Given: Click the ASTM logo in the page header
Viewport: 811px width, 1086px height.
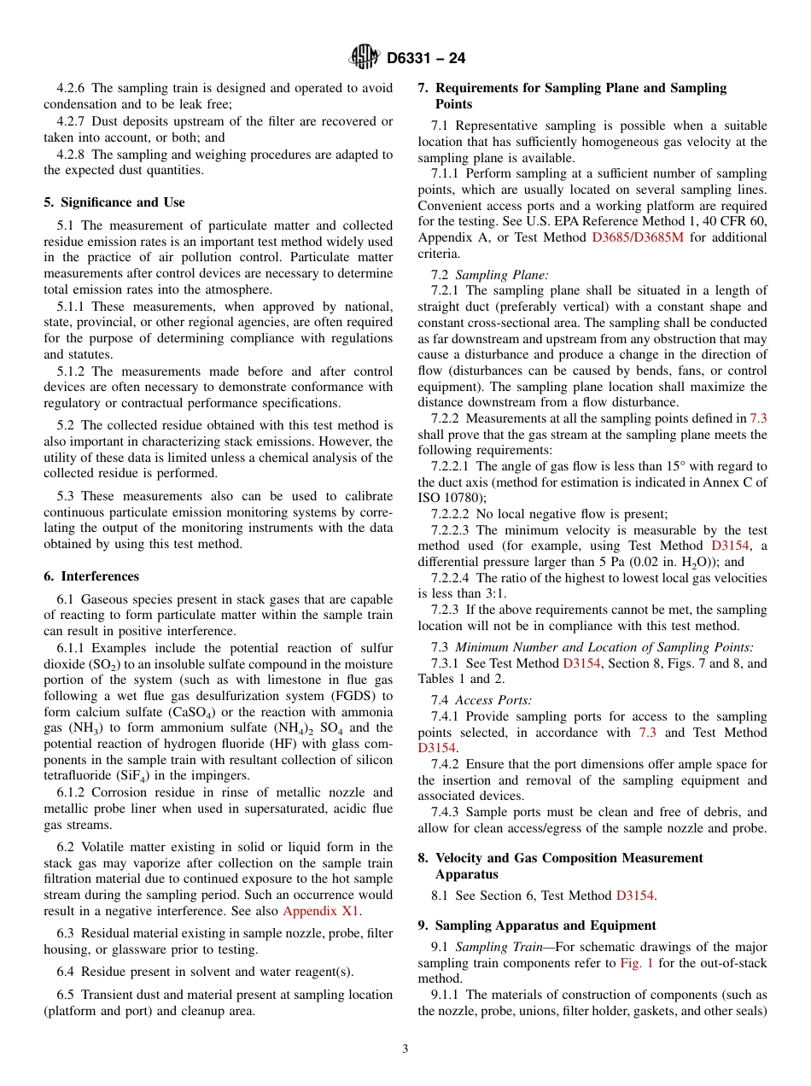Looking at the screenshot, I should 365,58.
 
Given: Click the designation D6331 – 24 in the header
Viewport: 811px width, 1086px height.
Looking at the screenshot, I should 426,59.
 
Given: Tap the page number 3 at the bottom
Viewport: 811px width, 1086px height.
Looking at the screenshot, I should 405,1048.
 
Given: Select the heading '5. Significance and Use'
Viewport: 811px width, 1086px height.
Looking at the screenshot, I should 114,202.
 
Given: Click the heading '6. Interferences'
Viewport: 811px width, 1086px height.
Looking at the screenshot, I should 91,576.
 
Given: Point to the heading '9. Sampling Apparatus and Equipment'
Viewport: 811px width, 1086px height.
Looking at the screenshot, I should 537,925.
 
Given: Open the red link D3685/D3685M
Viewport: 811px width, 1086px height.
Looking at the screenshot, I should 637,238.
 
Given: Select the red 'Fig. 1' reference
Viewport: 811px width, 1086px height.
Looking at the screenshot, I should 636,963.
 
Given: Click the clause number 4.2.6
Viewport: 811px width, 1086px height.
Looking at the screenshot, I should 72,88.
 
